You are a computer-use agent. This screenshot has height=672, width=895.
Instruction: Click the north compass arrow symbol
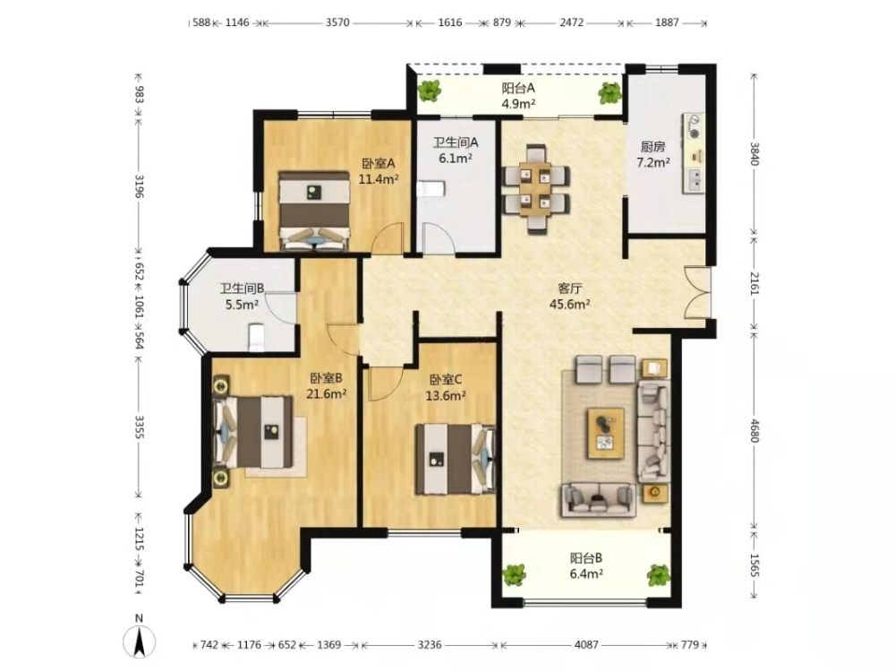pos(139,642)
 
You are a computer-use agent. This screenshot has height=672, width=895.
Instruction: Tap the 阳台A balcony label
pos(517,88)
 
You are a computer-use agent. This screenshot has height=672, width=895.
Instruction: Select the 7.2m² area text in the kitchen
pos(653,162)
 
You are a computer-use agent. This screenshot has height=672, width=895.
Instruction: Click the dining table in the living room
pos(535,189)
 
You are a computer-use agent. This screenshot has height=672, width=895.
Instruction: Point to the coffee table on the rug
pos(606,433)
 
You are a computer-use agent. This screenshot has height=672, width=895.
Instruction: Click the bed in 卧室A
pos(313,211)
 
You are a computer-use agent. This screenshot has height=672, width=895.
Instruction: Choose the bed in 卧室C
pos(455,459)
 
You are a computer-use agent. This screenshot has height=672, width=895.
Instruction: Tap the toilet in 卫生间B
pos(257,337)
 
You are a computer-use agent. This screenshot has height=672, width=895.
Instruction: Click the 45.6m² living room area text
pos(569,304)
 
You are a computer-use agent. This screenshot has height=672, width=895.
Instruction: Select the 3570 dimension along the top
pos(337,23)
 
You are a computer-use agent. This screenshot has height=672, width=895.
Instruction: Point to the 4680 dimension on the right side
pos(754,431)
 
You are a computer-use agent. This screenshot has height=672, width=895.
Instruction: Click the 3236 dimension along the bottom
pos(430,644)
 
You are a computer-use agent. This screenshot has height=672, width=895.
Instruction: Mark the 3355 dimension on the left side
pos(139,426)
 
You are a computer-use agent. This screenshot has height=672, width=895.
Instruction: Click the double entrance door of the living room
pos(697,293)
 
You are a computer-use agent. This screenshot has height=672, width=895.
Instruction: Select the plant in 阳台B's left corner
pos(515,575)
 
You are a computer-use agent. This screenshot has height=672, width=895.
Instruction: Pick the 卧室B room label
pos(326,378)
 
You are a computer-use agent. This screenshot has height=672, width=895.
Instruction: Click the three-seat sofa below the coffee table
pos(599,499)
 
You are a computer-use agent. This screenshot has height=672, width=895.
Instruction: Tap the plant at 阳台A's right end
pos(609,92)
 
